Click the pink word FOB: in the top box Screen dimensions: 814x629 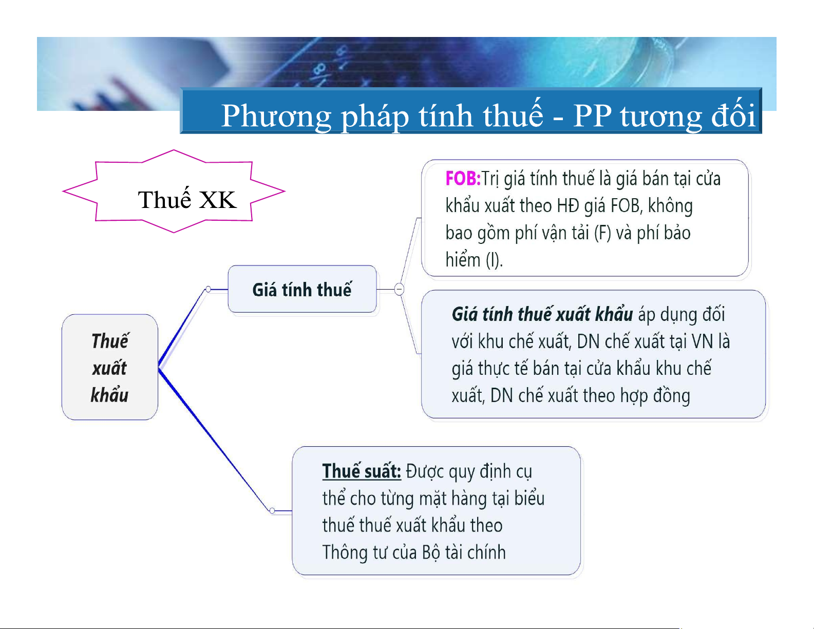click(x=463, y=178)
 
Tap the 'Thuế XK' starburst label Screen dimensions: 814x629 click(x=187, y=199)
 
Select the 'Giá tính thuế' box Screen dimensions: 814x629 click(x=302, y=289)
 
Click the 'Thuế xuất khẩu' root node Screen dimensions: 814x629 click(x=110, y=367)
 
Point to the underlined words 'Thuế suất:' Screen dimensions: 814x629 click(x=362, y=471)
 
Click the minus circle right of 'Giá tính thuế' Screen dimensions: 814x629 click(x=400, y=289)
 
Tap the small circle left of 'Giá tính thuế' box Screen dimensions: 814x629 click(x=209, y=289)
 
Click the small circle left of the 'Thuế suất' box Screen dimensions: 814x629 click(x=272, y=511)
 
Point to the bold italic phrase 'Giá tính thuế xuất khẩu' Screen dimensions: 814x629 click(x=542, y=314)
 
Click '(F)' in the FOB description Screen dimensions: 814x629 click(x=603, y=233)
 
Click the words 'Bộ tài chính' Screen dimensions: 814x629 click(x=464, y=552)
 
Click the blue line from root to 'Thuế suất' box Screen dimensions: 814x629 click(x=215, y=440)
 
